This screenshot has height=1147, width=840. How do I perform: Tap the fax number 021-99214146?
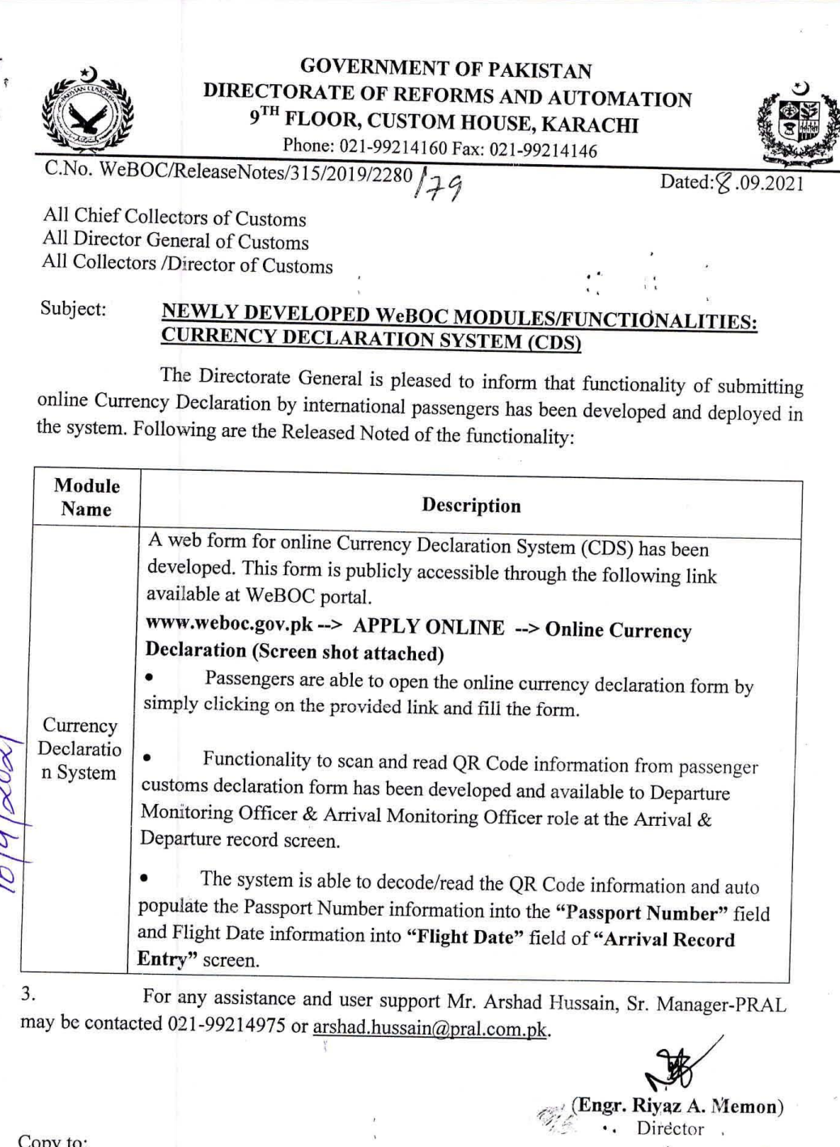[x=543, y=151]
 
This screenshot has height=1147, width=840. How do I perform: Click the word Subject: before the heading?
[x=73, y=309]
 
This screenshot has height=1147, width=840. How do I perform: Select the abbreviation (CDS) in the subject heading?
[x=554, y=343]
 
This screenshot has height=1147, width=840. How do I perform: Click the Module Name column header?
[x=86, y=497]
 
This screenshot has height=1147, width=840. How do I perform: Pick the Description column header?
[x=471, y=506]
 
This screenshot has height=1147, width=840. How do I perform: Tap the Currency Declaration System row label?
[x=79, y=749]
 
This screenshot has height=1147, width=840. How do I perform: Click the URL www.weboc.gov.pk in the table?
[x=229, y=624]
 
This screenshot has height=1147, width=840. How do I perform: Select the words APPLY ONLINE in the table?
[x=428, y=627]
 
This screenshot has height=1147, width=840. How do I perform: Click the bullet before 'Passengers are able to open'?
[x=149, y=678]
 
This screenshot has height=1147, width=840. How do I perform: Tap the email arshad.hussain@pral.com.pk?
[x=430, y=1028]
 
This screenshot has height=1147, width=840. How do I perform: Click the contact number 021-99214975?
[x=226, y=1024]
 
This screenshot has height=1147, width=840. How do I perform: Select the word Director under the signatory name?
[x=670, y=1128]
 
